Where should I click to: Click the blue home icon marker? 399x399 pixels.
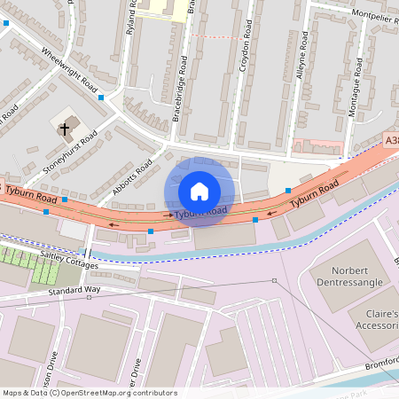click(x=199, y=192)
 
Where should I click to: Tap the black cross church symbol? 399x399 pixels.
click(x=64, y=129)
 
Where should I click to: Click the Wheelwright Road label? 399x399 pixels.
click(x=69, y=70)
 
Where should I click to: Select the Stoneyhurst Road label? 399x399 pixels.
click(x=70, y=152)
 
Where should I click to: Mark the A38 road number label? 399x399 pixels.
click(x=391, y=140)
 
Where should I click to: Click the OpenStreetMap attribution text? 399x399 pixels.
click(x=89, y=393)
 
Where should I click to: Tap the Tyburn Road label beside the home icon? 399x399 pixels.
click(x=200, y=212)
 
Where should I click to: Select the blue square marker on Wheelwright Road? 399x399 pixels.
click(x=101, y=97)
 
